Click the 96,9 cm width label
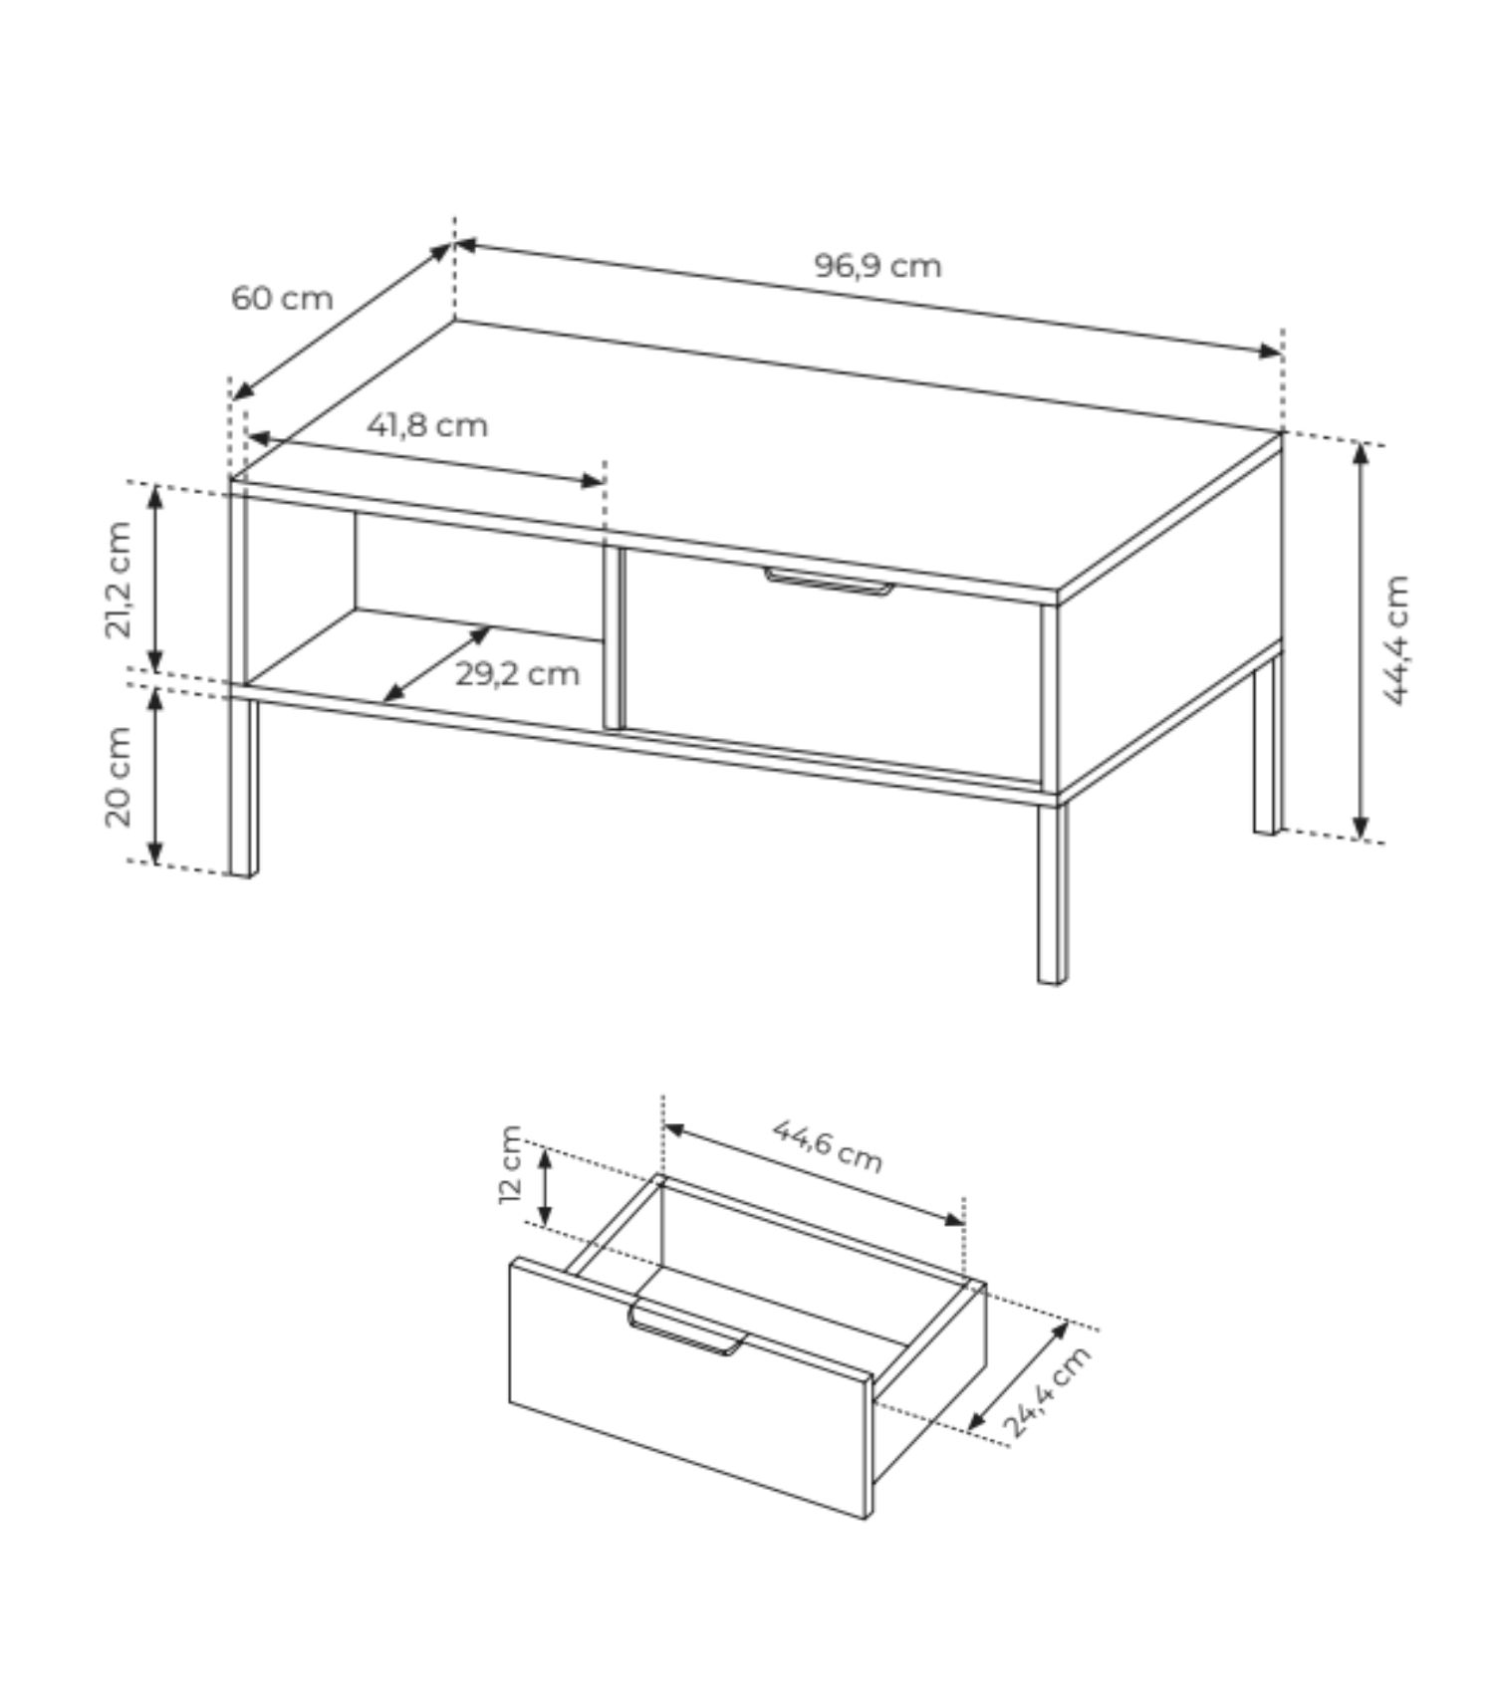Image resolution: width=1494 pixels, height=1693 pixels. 877,266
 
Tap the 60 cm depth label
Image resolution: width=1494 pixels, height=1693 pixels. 282,298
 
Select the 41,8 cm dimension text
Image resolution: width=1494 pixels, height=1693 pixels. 427,425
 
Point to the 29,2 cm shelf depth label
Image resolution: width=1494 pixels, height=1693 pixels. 517,674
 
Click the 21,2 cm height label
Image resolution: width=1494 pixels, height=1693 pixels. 119,579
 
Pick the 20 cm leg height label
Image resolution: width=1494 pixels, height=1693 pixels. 119,777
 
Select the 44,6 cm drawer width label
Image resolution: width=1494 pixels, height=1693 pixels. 828,1145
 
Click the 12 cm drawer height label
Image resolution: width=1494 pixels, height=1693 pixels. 510,1164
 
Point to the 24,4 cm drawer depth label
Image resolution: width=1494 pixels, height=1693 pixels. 1046,1391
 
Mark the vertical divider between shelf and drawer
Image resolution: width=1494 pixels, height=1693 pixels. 612,636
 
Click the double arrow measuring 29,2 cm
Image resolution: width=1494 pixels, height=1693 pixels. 437,664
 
